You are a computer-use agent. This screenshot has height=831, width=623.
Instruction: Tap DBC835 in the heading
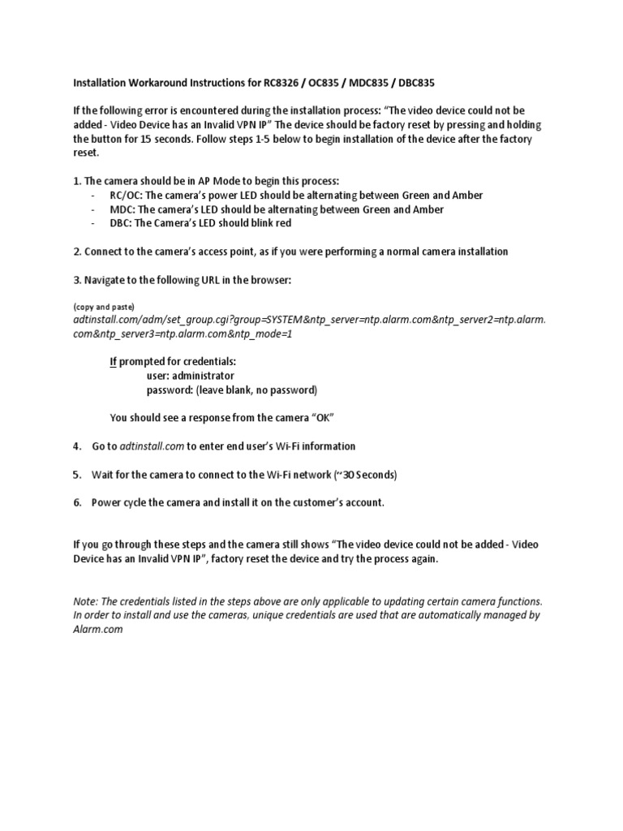(420, 83)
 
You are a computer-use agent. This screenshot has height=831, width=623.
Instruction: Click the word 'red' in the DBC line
(283, 223)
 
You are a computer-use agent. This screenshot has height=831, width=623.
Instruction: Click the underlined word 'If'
(113, 362)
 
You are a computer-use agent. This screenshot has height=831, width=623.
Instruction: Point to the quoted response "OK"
(323, 418)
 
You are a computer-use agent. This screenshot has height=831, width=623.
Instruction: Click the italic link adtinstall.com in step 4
(153, 446)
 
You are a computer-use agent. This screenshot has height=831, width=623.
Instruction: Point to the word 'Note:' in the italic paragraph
(87, 601)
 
